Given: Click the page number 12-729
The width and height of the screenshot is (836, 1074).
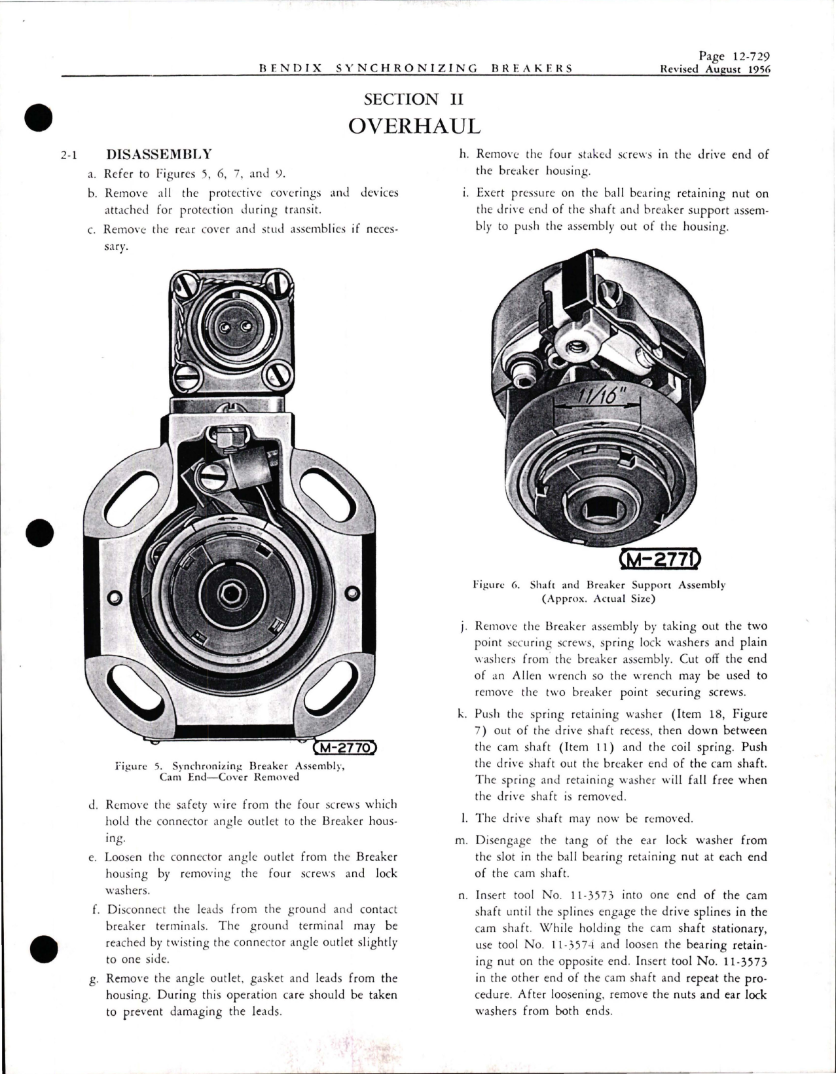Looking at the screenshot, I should point(744,57).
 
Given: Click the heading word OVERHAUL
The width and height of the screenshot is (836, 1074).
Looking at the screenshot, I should point(415,125).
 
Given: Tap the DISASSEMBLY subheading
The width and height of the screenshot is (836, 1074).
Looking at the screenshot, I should point(158,155).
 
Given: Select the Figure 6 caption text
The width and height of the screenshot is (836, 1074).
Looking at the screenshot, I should point(598,591).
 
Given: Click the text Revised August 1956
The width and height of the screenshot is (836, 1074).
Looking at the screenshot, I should point(715,69).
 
